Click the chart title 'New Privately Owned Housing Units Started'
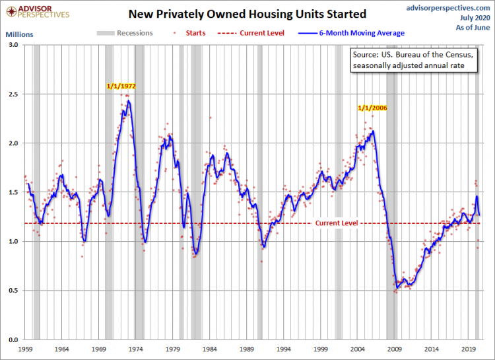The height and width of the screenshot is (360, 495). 247,14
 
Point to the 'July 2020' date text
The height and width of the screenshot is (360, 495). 469,17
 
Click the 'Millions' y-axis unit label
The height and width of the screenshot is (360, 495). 19,33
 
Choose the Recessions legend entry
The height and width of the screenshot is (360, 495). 125,33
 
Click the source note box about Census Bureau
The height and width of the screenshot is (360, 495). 414,61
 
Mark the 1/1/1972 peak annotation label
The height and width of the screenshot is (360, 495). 122,87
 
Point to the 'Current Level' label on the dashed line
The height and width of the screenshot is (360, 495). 336,223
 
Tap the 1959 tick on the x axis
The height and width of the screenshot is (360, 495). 26,347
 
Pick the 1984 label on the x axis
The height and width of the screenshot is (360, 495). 210,347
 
